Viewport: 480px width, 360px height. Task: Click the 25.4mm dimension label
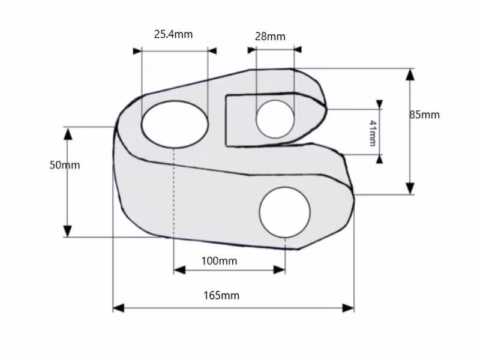point(173,34)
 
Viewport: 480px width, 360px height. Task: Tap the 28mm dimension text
point(270,37)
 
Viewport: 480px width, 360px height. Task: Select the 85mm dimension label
point(424,115)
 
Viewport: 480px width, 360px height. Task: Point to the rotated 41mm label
point(373,133)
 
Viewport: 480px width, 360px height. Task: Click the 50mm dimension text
point(65,165)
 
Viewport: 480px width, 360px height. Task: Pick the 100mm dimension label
point(219,261)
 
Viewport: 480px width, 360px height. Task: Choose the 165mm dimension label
point(221,295)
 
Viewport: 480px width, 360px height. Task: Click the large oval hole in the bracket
point(175,124)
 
